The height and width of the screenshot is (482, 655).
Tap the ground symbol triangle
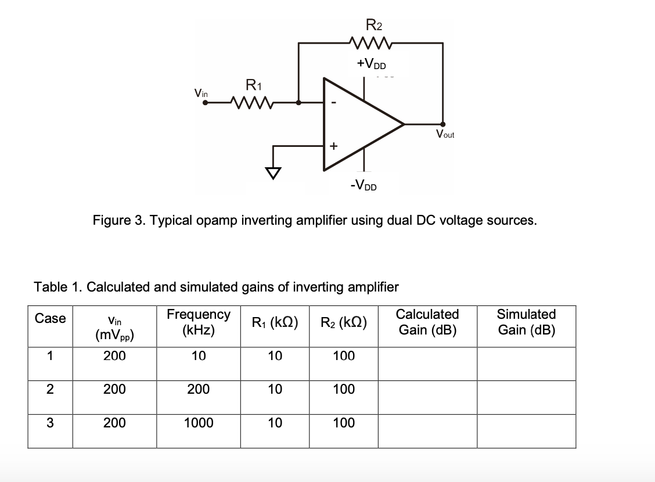pyautogui.click(x=273, y=172)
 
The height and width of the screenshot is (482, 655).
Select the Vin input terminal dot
pyautogui.click(x=205, y=103)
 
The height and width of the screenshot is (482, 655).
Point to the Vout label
pyautogui.click(x=445, y=135)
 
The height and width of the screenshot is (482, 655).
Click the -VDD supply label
pyautogui.click(x=363, y=186)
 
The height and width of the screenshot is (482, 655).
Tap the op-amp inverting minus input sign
pyautogui.click(x=333, y=103)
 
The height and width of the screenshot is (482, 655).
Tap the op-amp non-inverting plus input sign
pyautogui.click(x=333, y=146)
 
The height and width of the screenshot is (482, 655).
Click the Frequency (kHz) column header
pyautogui.click(x=199, y=322)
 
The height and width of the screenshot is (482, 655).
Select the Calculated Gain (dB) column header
pyautogui.click(x=427, y=322)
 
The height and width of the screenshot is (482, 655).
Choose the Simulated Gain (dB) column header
pyautogui.click(x=526, y=322)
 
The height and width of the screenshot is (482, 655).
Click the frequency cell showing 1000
pyautogui.click(x=199, y=423)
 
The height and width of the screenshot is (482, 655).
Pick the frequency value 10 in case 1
pyautogui.click(x=199, y=356)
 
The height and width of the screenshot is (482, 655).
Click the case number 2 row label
pyautogui.click(x=50, y=390)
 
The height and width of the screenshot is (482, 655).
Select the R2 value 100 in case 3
pyautogui.click(x=344, y=423)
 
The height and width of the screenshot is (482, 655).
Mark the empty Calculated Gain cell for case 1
pyautogui.click(x=427, y=364)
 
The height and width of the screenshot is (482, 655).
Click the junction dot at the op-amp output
pyautogui.click(x=443, y=124)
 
